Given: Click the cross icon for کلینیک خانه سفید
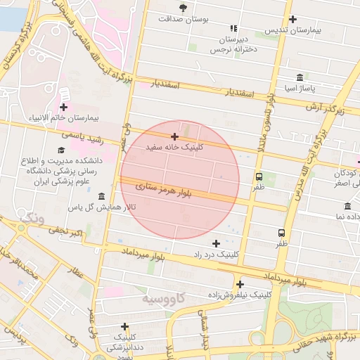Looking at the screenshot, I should (174, 136).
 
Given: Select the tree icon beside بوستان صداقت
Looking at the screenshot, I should (184, 8).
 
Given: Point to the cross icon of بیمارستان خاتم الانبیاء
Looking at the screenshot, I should (64, 107).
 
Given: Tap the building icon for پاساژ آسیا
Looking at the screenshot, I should (300, 77).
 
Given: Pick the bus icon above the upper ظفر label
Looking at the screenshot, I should (259, 176).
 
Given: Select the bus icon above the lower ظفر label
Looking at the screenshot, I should (281, 233).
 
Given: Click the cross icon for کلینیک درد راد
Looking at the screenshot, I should (216, 243).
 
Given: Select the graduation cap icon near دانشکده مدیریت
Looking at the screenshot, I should (61, 150).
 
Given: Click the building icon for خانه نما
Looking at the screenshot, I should (347, 206).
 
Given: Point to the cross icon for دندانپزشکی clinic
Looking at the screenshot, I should (124, 326).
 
